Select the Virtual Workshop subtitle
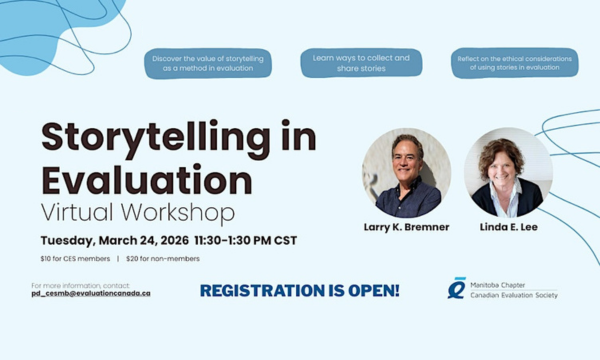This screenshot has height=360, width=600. (x=138, y=213)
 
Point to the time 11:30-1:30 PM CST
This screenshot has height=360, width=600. (x=241, y=241)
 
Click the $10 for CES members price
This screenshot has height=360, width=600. (x=73, y=259)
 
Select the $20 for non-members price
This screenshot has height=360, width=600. (x=163, y=259)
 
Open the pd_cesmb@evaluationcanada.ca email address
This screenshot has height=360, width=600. (x=91, y=293)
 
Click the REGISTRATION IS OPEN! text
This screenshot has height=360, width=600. (x=299, y=291)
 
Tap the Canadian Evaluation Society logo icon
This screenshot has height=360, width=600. (x=456, y=288)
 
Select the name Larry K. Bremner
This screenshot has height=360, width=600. (x=406, y=227)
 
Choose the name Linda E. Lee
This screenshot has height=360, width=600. (x=508, y=227)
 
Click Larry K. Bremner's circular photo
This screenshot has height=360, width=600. (x=406, y=173)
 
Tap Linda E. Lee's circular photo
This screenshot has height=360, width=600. (x=508, y=172)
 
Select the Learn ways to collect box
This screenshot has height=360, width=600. (x=361, y=64)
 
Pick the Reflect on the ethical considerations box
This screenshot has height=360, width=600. (x=513, y=64)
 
